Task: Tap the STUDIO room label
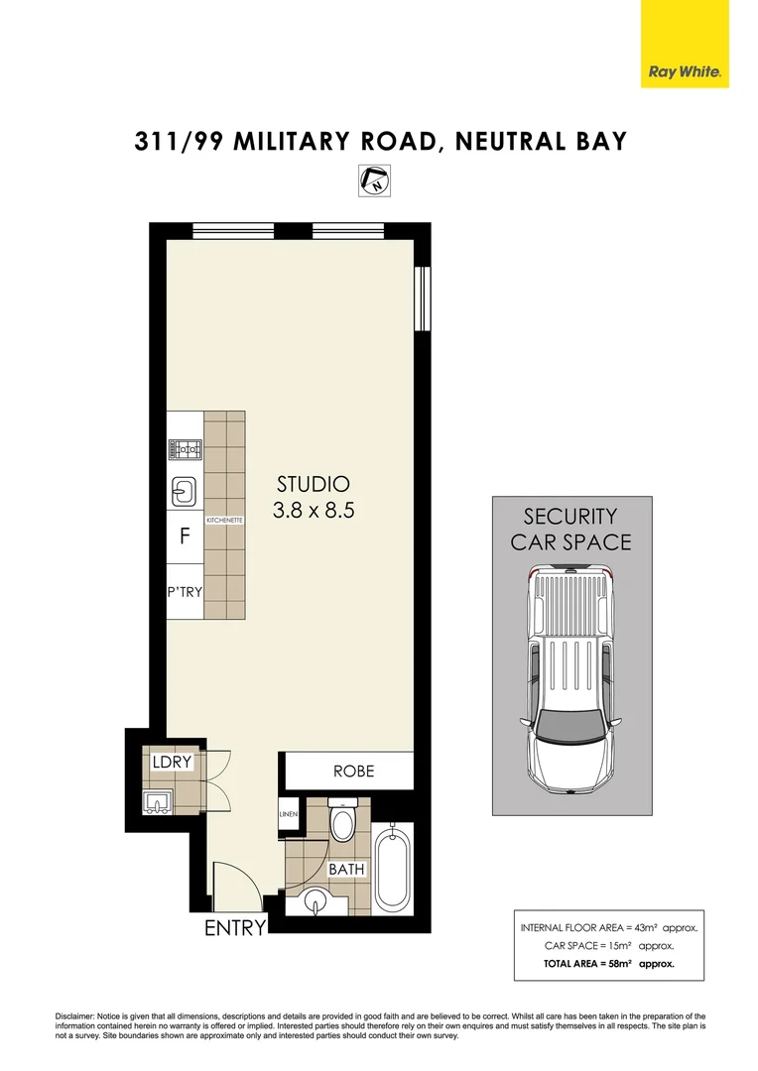point(313,485)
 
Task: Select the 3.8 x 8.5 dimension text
point(313,512)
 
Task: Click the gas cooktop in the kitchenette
point(185,449)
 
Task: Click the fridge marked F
point(184,536)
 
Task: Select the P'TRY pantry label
point(185,594)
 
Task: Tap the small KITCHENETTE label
point(224,519)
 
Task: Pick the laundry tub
point(159,800)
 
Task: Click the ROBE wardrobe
point(353,771)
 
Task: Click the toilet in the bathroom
point(342,822)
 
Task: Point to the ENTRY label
point(235,929)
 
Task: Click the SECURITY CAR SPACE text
point(570,529)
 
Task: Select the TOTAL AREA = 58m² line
point(607,963)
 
